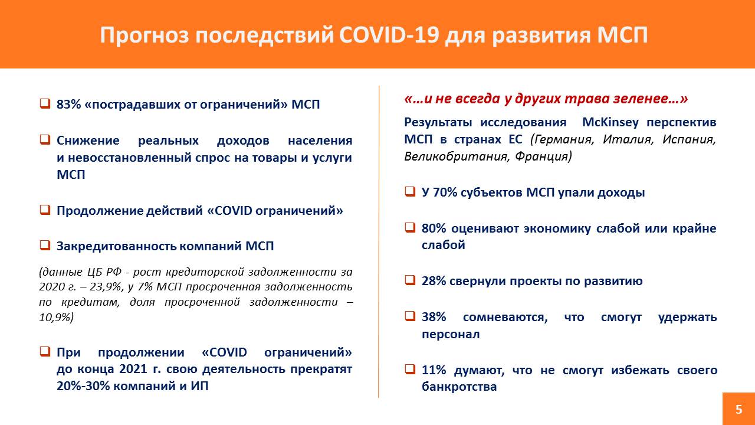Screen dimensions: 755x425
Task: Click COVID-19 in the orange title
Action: tap(389, 35)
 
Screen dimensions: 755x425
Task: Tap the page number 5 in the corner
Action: tap(739, 409)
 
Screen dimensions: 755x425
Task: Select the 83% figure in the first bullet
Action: tap(69, 104)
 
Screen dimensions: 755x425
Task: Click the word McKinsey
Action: tap(610, 122)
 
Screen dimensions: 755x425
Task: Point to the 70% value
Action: tap(445, 192)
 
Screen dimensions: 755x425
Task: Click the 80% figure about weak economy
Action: tap(434, 228)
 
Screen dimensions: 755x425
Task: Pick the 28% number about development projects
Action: tap(434, 280)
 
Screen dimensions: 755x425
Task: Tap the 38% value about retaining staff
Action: tap(434, 317)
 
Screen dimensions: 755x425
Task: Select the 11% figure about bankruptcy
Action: tap(434, 370)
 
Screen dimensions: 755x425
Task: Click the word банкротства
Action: tap(459, 387)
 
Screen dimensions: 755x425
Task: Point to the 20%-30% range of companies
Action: tap(83, 385)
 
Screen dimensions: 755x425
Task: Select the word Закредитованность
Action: tap(116, 246)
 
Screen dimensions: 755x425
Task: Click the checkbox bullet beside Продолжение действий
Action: tap(45, 210)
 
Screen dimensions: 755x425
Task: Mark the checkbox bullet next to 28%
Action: tap(410, 280)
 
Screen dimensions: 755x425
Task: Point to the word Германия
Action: tap(563, 139)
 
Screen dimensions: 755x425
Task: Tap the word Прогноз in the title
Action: tap(145, 35)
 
